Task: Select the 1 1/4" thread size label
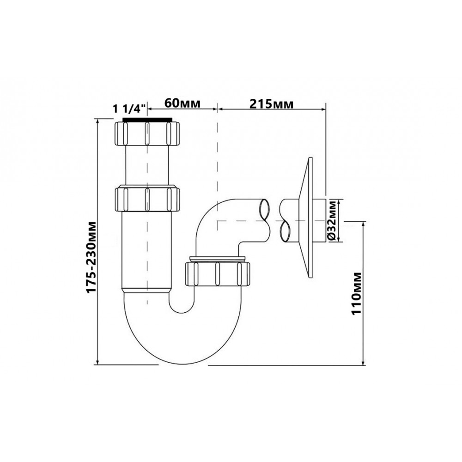click(129, 109)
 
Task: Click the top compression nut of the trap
click(146, 134)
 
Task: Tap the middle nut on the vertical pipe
click(146, 198)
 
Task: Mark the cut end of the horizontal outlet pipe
click(264, 218)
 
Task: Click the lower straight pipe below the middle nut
click(146, 249)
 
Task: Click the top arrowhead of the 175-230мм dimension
click(97, 122)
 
